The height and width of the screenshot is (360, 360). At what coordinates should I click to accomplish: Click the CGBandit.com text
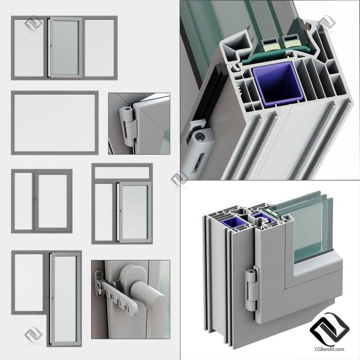(x=329, y=349)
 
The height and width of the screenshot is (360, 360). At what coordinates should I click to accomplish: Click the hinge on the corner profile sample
(x=252, y=289)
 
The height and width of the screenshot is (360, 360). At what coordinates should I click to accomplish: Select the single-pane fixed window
(x=55, y=123)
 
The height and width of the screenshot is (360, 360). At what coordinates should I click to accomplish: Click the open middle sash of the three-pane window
(x=66, y=48)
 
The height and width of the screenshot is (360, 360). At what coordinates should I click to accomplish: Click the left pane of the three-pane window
(x=29, y=48)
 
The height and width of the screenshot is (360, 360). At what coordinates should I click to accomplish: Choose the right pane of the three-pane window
(x=100, y=48)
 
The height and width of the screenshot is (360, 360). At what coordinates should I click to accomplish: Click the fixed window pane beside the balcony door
(x=29, y=282)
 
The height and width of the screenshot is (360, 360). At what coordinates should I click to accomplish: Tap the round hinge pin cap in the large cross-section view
(x=199, y=137)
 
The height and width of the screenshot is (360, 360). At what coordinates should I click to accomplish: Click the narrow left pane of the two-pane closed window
(x=23, y=201)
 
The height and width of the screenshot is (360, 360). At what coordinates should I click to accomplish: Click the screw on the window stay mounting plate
(x=99, y=274)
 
